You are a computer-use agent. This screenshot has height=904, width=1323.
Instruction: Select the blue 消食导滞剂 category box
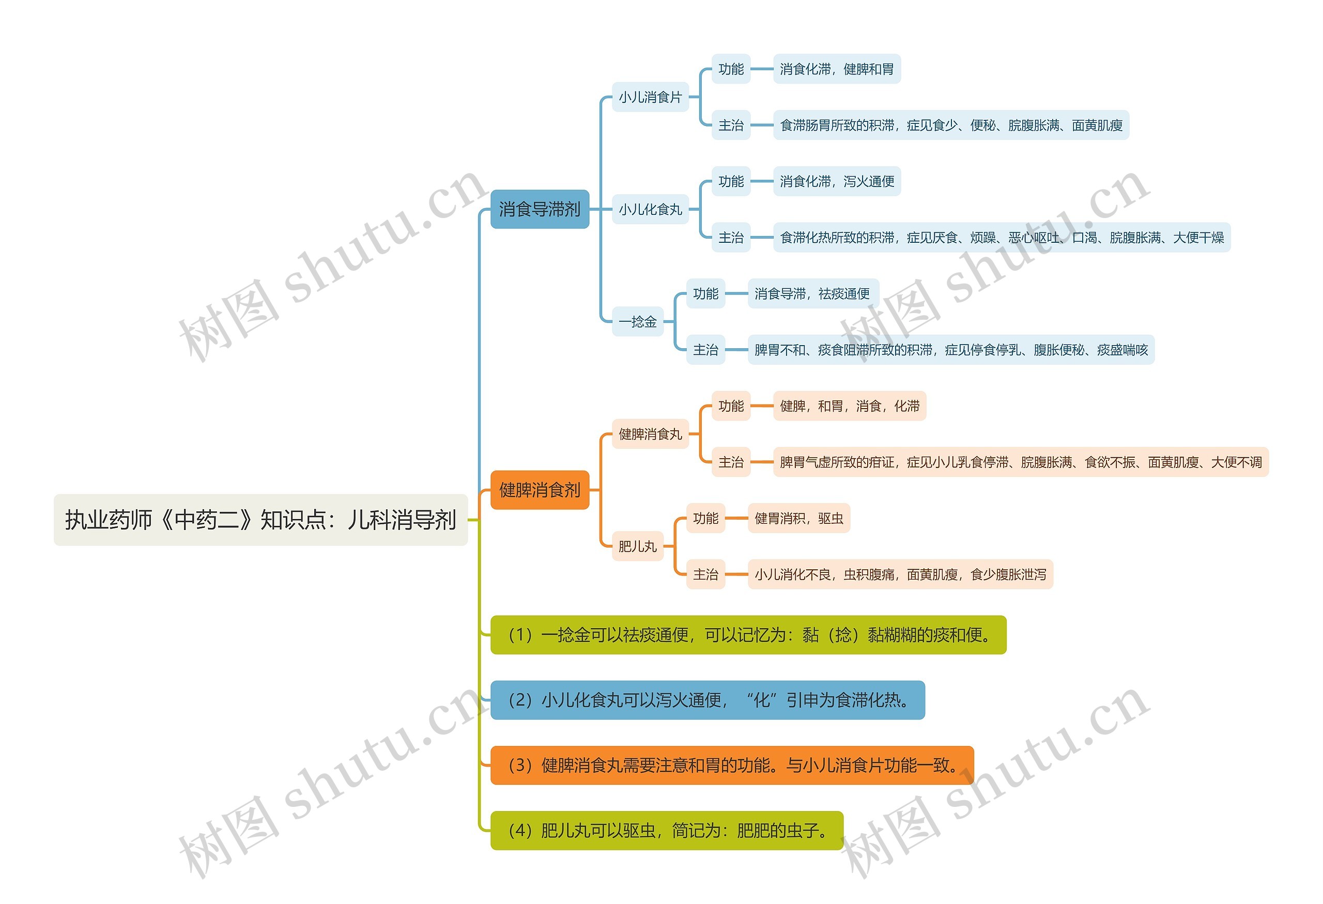point(539,209)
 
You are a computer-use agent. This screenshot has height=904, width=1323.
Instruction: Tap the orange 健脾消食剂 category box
point(539,489)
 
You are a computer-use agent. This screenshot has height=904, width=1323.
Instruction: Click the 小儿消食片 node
point(650,97)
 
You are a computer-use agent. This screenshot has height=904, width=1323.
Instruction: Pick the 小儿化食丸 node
point(650,209)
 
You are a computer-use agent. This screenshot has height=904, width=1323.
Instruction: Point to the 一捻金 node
point(637,321)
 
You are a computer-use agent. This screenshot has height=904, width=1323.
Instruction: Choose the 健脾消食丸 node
point(650,434)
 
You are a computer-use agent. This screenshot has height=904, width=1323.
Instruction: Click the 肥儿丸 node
point(637,546)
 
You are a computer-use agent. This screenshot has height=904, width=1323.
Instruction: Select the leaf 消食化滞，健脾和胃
point(836,69)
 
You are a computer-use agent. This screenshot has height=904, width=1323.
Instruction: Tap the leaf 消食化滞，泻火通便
point(836,181)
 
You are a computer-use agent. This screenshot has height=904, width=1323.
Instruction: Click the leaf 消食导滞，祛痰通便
point(812,293)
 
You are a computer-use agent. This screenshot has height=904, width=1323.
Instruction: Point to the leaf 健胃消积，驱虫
point(798,518)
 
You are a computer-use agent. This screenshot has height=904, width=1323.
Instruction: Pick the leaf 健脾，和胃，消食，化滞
point(849,406)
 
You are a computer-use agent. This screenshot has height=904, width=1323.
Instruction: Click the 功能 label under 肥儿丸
point(705,518)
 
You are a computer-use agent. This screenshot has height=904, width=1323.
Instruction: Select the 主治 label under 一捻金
point(705,349)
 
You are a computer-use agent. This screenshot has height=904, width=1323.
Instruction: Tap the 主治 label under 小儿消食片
point(730,125)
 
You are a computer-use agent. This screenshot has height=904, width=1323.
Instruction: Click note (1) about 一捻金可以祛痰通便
point(747,634)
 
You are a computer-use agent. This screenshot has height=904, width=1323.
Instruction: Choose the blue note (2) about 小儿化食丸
point(707,700)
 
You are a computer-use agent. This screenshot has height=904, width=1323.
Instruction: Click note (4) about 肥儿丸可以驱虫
point(666,831)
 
